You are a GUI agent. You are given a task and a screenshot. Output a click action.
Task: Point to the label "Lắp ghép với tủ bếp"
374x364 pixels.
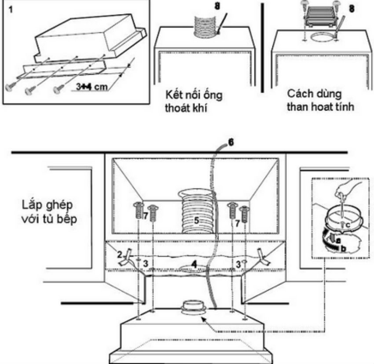tap(48, 211)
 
